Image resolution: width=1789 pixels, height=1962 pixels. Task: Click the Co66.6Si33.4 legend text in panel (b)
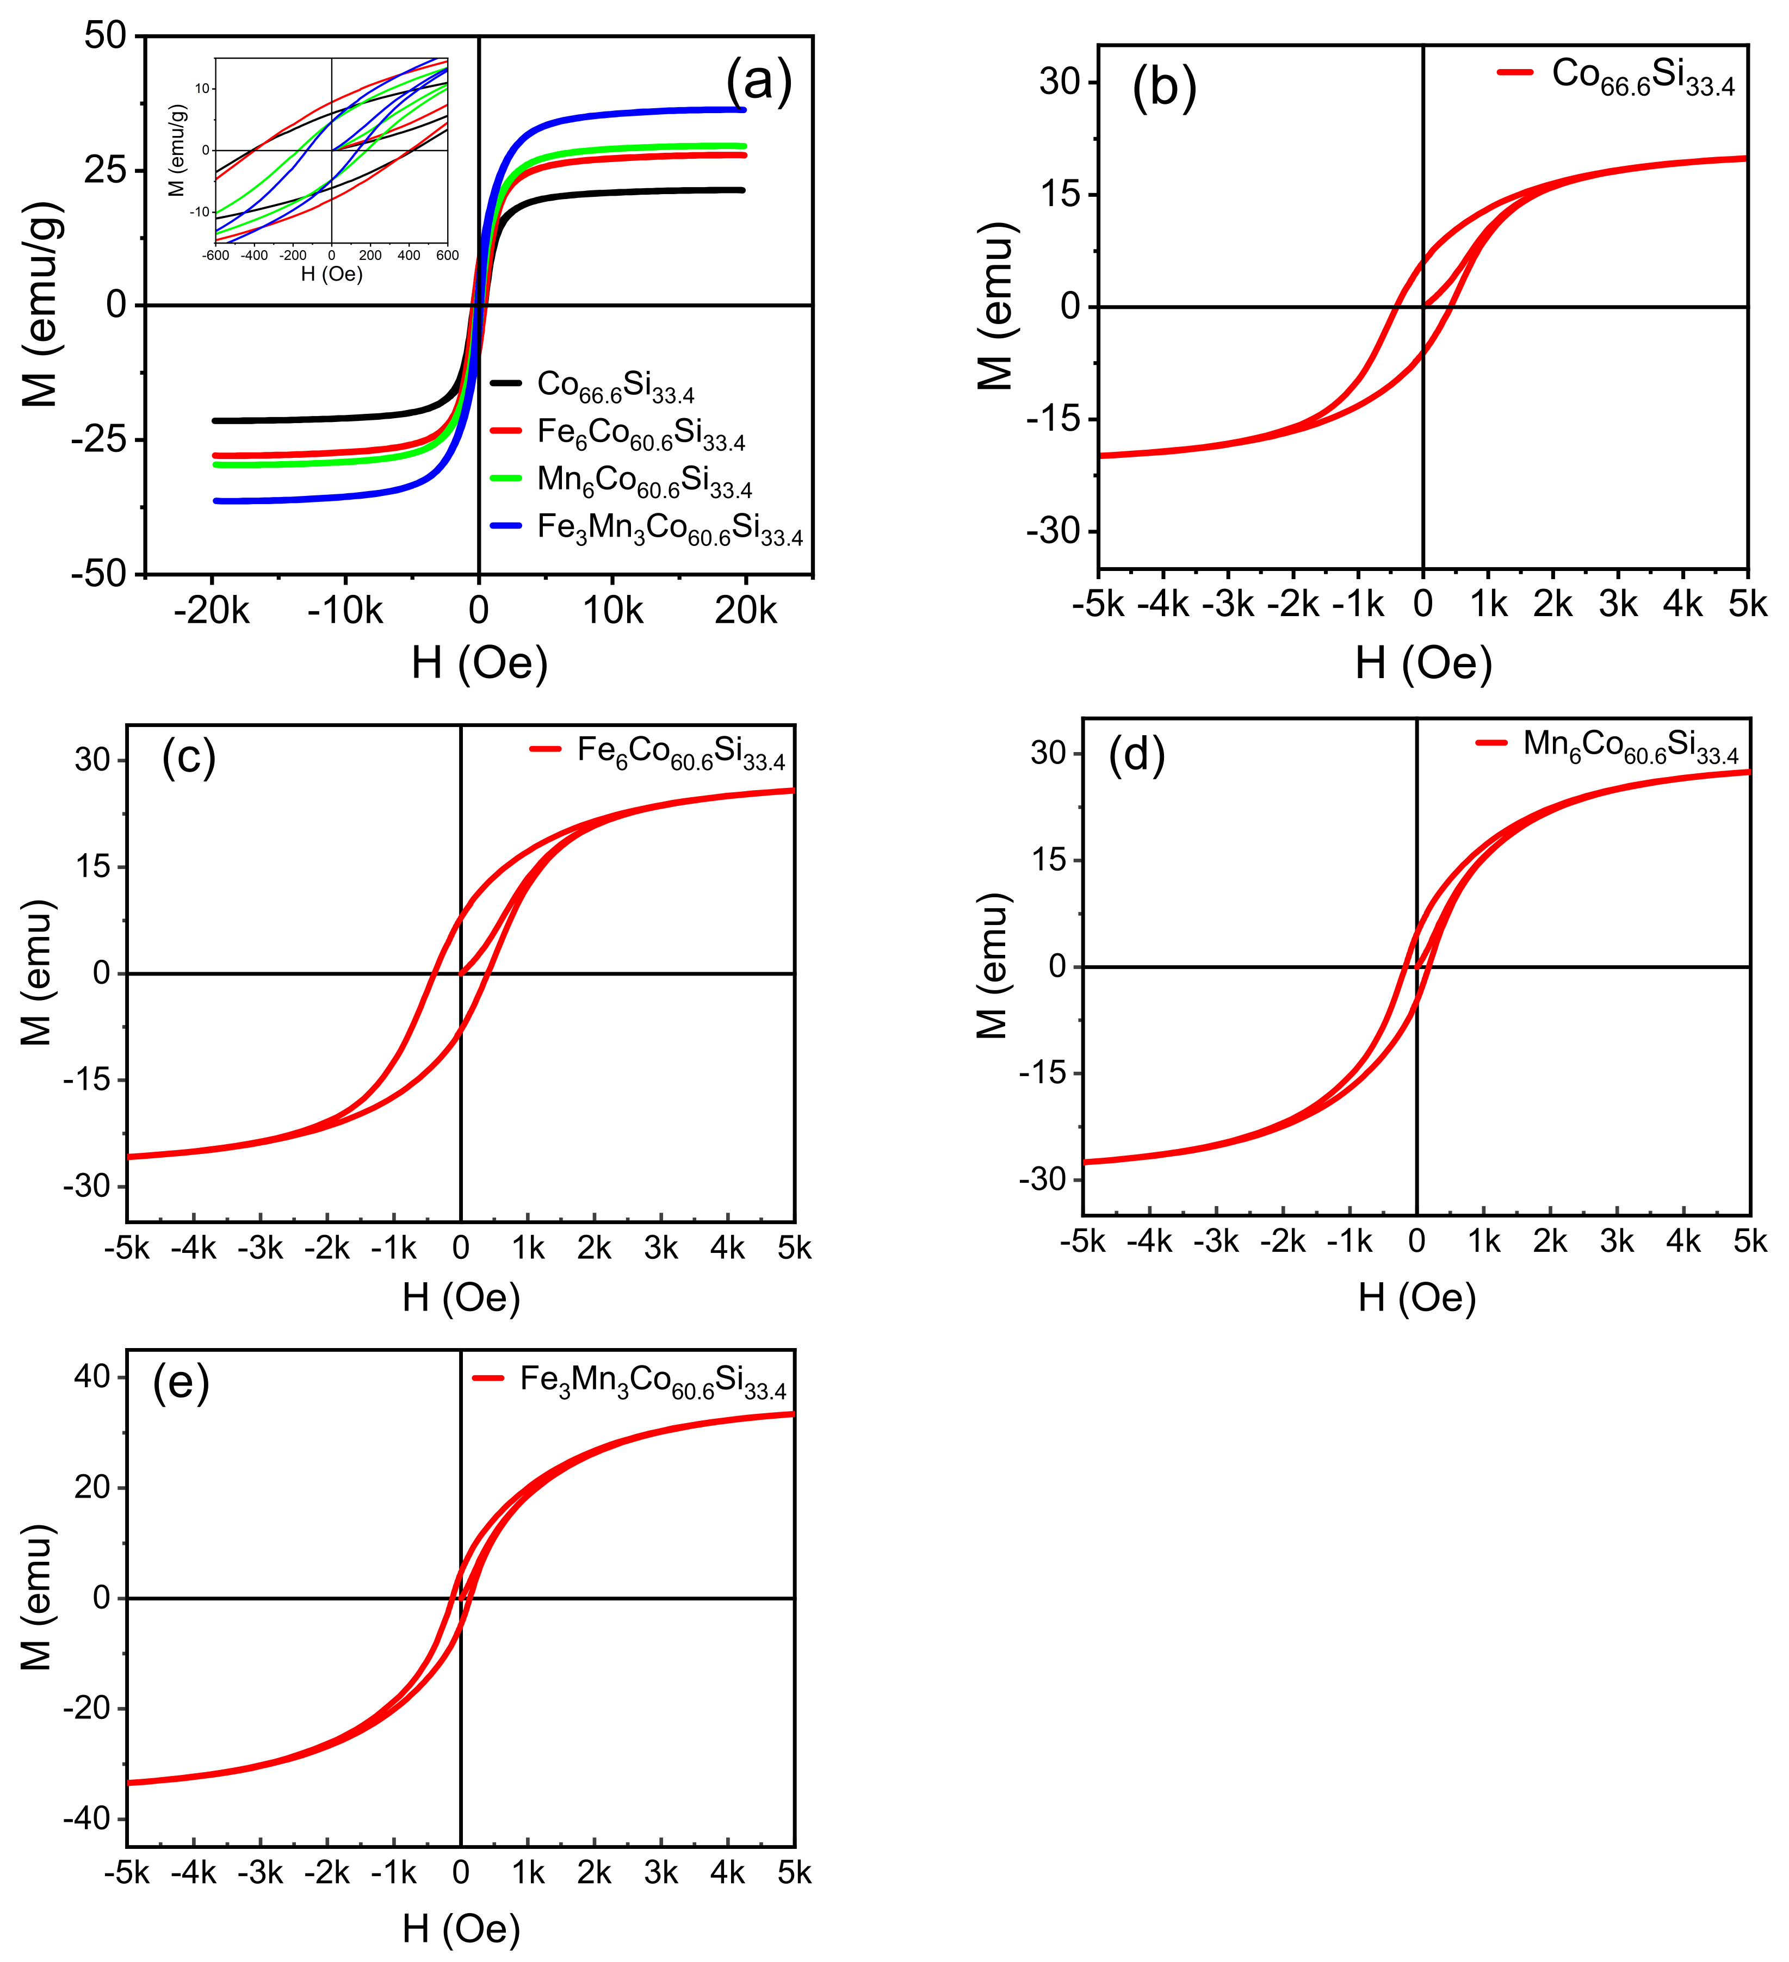coord(1643,76)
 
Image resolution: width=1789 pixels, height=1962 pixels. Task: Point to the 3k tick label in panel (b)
coord(1618,604)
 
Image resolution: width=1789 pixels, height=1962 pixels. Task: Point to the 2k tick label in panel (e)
coord(594,1872)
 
